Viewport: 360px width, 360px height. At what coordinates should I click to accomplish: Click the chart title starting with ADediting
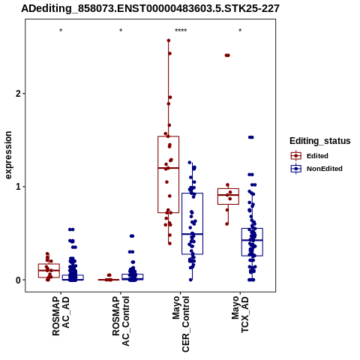[x=150, y=9]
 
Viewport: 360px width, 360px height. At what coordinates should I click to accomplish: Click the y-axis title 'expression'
[x=8, y=155]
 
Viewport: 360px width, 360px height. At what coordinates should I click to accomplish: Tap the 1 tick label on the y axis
[x=19, y=187]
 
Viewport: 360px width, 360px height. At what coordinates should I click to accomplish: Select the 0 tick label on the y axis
[x=19, y=280]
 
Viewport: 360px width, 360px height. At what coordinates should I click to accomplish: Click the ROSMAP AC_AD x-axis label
[x=61, y=316]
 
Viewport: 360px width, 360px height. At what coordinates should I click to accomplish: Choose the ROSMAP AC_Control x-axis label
[x=121, y=321]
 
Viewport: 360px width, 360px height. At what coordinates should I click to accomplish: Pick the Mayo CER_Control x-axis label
[x=181, y=324]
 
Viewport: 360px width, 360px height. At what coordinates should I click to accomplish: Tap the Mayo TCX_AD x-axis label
[x=240, y=314]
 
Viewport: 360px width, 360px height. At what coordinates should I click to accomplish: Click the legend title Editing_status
[x=320, y=141]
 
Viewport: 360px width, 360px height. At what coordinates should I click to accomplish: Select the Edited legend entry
[x=310, y=156]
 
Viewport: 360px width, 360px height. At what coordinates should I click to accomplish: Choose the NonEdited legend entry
[x=316, y=169]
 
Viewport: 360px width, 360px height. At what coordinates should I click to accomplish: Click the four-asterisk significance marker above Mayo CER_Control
[x=181, y=31]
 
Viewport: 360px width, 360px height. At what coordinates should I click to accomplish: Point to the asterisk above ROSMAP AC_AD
[x=61, y=31]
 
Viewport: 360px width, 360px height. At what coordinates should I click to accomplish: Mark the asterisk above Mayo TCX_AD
[x=240, y=31]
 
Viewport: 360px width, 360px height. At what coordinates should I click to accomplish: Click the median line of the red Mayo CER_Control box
[x=168, y=168]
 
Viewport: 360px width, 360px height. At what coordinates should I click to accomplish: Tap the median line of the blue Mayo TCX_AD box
[x=252, y=240]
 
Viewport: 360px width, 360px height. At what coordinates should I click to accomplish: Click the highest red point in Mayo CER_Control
[x=169, y=40]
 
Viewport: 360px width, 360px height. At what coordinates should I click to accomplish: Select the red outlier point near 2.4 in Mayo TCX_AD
[x=227, y=55]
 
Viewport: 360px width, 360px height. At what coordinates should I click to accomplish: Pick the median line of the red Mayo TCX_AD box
[x=228, y=195]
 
